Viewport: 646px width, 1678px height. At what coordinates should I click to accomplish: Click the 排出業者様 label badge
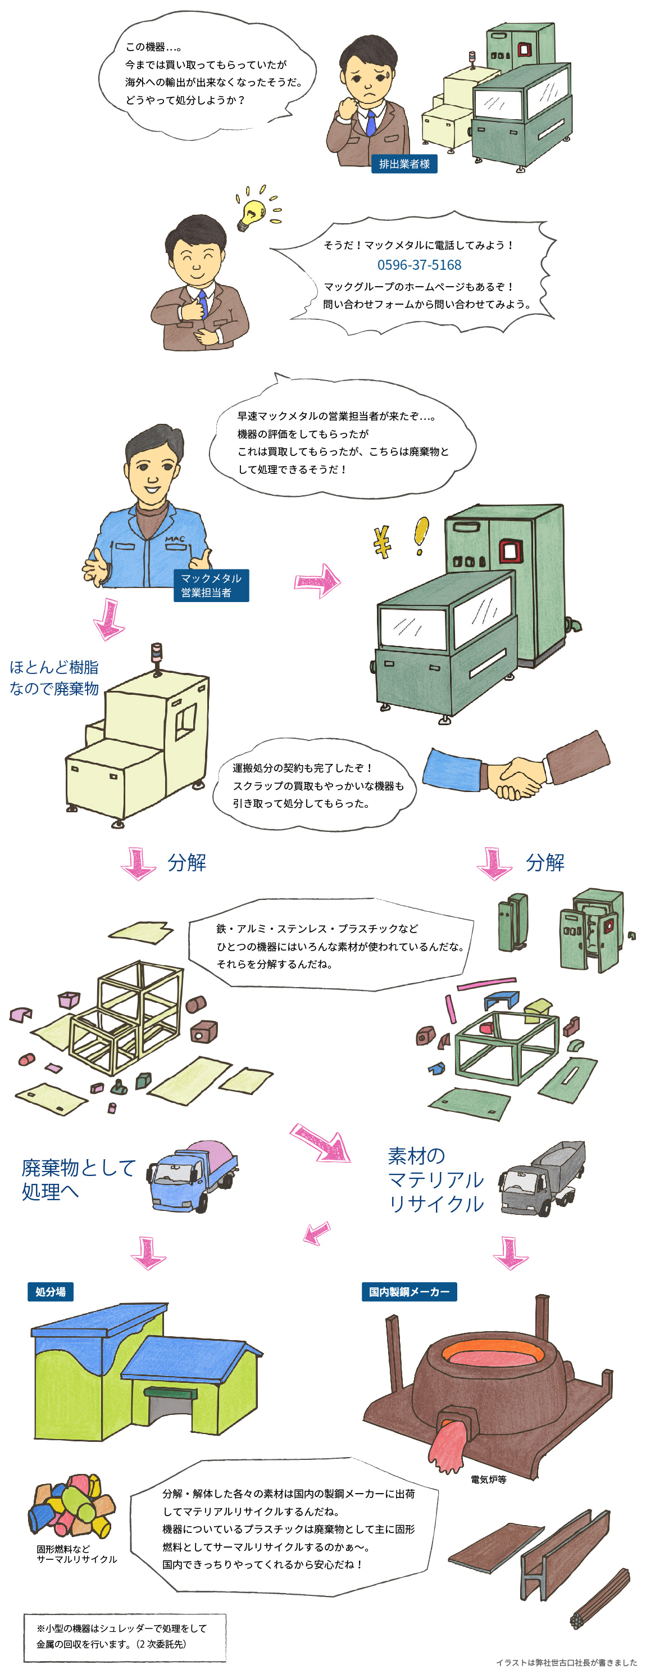pyautogui.click(x=404, y=164)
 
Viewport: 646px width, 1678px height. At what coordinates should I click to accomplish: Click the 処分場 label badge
pyautogui.click(x=50, y=1292)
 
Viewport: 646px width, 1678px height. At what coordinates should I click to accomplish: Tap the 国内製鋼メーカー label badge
pyautogui.click(x=409, y=1292)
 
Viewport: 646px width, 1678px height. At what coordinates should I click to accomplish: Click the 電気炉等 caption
pyautogui.click(x=488, y=1480)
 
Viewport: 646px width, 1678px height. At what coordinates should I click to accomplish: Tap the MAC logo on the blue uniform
pyautogui.click(x=175, y=539)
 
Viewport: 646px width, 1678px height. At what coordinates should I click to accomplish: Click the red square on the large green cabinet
pyautogui.click(x=509, y=551)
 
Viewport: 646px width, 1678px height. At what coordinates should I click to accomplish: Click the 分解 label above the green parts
pyautogui.click(x=544, y=862)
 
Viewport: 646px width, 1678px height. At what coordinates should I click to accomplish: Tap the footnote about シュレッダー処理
pyautogui.click(x=124, y=1637)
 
